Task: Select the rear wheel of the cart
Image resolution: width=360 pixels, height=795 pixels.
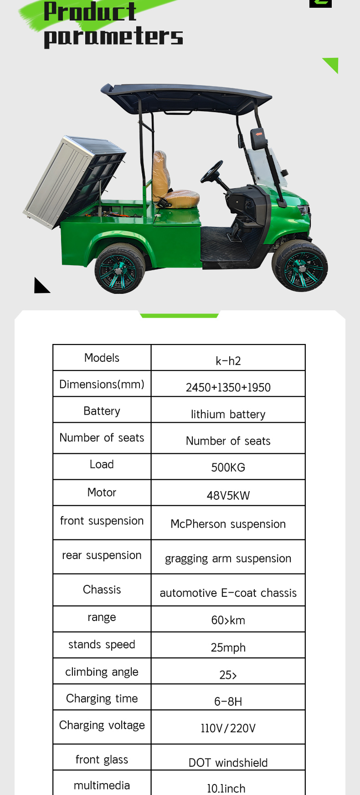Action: click(119, 269)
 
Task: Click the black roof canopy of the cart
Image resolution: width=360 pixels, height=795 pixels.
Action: click(187, 96)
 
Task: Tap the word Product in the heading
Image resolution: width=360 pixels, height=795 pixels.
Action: click(90, 11)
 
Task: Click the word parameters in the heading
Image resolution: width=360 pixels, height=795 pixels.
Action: click(113, 36)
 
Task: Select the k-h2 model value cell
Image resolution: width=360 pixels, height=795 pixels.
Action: click(228, 361)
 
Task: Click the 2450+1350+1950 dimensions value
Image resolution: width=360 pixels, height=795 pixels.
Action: click(228, 387)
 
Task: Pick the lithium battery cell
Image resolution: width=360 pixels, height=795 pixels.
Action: click(228, 414)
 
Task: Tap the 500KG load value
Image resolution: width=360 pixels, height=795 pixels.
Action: click(228, 467)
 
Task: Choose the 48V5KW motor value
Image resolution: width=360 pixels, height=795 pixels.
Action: click(228, 496)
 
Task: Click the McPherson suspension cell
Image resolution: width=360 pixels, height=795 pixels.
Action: click(228, 524)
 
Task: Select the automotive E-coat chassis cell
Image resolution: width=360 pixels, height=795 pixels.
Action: click(228, 593)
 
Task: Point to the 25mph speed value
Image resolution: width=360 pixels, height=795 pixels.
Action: click(228, 647)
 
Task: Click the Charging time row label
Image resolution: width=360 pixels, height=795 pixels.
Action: click(102, 698)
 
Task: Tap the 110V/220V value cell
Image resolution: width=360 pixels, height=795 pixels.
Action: click(228, 728)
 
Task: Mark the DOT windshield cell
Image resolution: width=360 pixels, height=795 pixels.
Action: click(228, 763)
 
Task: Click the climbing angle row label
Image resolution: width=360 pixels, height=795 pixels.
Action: click(102, 672)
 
